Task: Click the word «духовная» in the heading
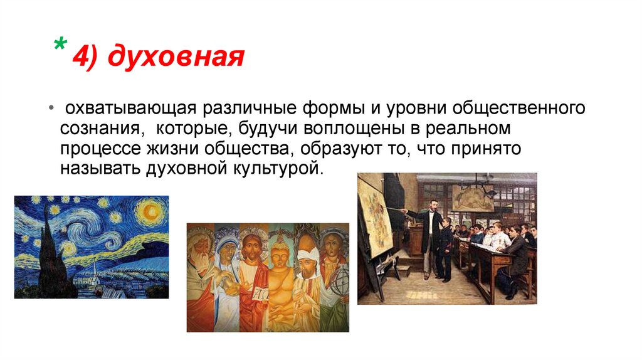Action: (175, 58)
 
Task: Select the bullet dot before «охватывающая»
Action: (51, 110)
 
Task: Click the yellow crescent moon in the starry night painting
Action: (154, 209)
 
